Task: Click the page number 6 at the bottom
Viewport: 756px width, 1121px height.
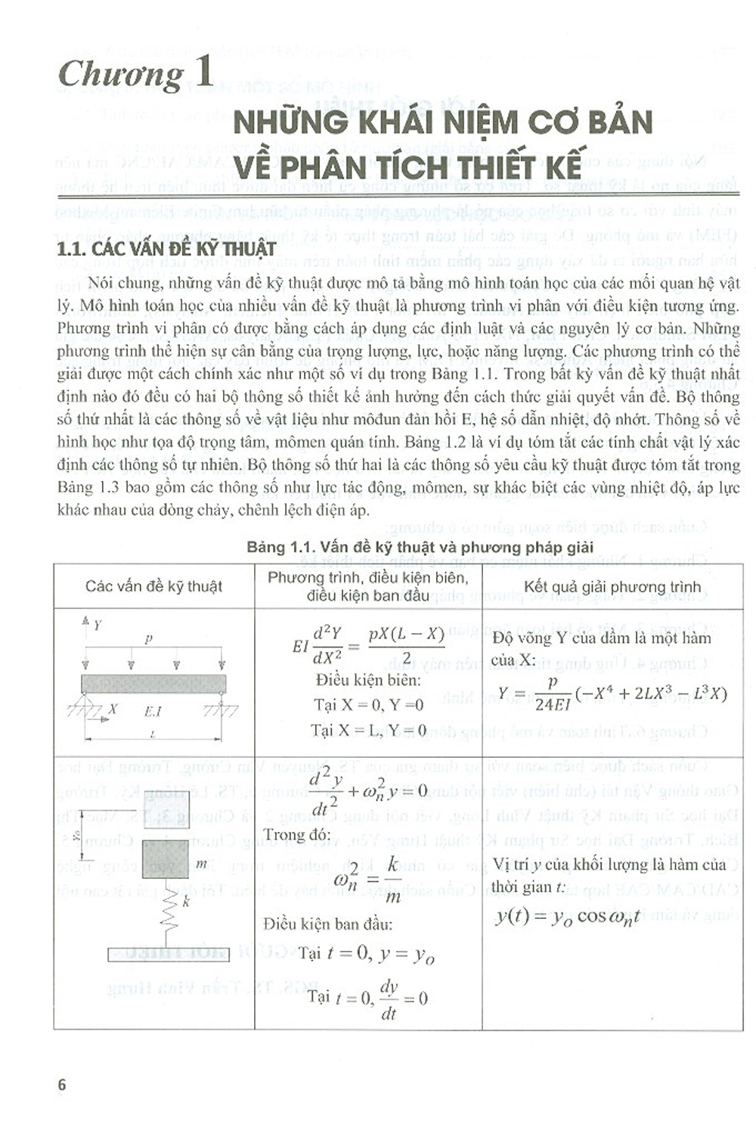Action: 62,1085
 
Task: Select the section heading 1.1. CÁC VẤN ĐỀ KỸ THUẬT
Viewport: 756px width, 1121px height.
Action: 167,249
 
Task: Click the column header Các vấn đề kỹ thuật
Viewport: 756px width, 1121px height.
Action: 153,586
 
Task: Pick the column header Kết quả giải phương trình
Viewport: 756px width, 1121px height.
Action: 612,587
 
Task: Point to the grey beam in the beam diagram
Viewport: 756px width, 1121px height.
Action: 153,684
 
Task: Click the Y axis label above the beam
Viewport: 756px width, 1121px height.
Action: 98,626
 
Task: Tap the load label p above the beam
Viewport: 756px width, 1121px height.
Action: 148,638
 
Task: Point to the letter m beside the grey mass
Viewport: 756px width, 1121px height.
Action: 201,863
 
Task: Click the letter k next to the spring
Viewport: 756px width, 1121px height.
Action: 186,902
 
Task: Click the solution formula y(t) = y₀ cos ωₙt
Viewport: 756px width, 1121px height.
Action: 567,917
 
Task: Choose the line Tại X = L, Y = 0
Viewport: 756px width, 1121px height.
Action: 368,731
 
